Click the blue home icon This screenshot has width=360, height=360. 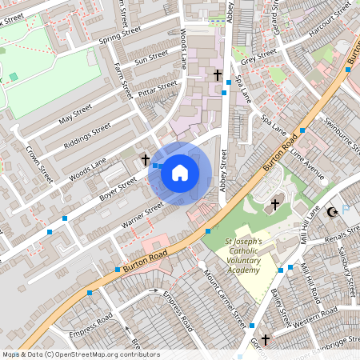(x=180, y=172)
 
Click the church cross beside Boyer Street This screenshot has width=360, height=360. (x=146, y=160)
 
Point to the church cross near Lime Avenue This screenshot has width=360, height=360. (x=275, y=204)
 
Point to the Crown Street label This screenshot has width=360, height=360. (x=38, y=163)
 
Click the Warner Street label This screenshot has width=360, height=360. (x=142, y=214)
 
